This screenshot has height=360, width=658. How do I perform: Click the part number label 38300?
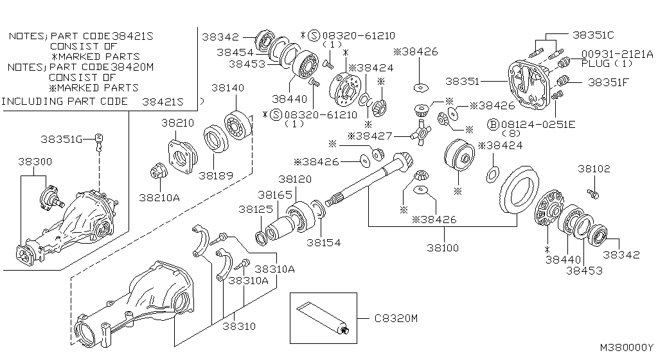point(34,163)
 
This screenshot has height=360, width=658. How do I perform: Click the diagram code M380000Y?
point(627,347)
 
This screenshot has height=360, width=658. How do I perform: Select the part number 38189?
point(215,175)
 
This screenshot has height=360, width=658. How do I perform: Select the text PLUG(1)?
point(607,64)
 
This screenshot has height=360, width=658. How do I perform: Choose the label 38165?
point(275,194)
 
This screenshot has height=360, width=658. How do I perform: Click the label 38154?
point(323,242)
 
